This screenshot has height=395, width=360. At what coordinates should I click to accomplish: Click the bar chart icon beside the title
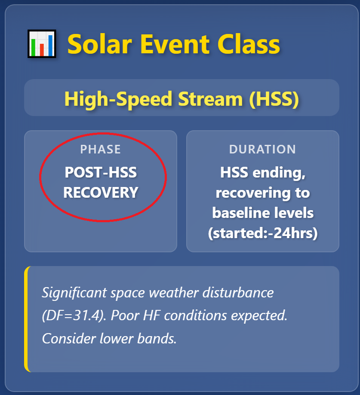pyautogui.click(x=42, y=44)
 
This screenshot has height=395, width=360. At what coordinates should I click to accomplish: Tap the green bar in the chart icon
pyautogui.click(x=33, y=47)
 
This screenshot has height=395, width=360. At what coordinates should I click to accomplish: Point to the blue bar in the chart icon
pyautogui.click(x=50, y=45)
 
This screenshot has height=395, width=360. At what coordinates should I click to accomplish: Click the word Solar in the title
pyautogui.click(x=100, y=44)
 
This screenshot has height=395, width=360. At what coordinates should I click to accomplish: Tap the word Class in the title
pyautogui.click(x=249, y=44)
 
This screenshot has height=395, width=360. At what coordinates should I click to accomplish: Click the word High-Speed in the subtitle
pyautogui.click(x=118, y=99)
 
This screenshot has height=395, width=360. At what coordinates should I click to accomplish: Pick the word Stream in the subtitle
pyautogui.click(x=210, y=99)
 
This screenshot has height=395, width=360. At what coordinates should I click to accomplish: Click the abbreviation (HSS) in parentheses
pyautogui.click(x=274, y=99)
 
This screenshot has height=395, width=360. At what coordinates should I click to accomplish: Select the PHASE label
pyautogui.click(x=101, y=150)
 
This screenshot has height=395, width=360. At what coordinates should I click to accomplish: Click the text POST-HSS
pyautogui.click(x=101, y=172)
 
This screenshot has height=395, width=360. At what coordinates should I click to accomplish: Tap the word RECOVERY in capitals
pyautogui.click(x=101, y=193)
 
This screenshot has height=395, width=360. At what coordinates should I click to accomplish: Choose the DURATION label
pyautogui.click(x=262, y=150)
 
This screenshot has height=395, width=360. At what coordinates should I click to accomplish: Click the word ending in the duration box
pyautogui.click(x=279, y=173)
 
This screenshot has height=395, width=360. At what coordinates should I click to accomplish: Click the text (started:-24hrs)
pyautogui.click(x=263, y=233)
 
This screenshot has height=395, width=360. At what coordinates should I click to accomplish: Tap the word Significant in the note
pyautogui.click(x=74, y=293)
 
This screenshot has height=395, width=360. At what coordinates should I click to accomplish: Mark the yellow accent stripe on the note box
pyautogui.click(x=26, y=319)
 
